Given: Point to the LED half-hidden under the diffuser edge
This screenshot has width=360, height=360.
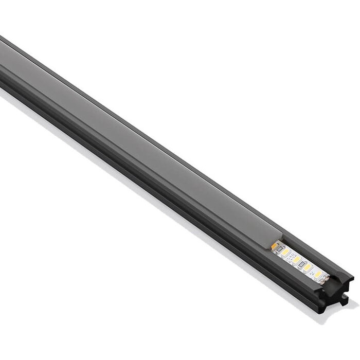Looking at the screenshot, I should (x=274, y=246).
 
